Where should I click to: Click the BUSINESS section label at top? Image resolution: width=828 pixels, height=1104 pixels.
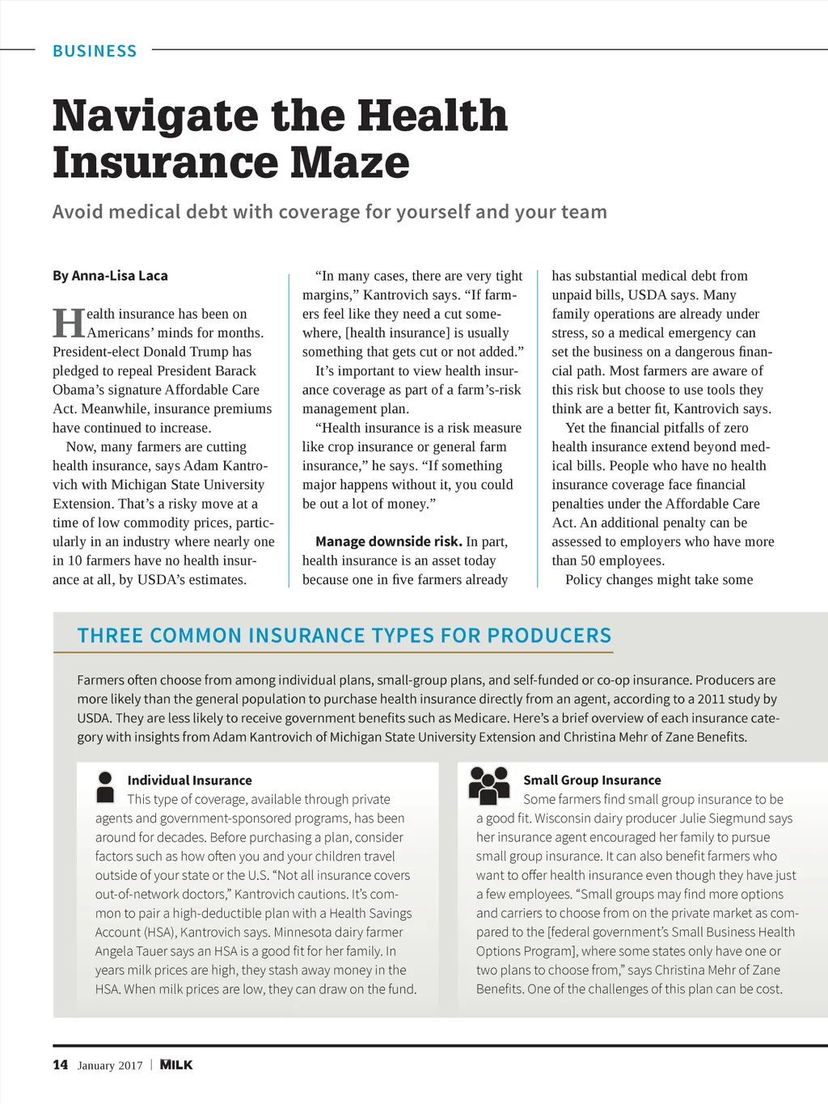(x=95, y=51)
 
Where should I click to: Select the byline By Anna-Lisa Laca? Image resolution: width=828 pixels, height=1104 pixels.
(x=110, y=276)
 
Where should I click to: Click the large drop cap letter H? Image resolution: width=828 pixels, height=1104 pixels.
(x=69, y=323)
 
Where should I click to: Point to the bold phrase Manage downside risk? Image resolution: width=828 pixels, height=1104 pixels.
(x=388, y=541)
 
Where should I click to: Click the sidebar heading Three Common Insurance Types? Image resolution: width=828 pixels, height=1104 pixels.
(x=344, y=636)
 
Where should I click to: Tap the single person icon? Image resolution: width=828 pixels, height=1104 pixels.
(x=105, y=786)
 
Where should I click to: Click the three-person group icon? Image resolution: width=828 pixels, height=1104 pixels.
(x=489, y=785)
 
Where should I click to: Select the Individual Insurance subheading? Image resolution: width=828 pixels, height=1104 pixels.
(x=189, y=780)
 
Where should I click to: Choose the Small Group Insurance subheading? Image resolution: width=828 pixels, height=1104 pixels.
(x=592, y=780)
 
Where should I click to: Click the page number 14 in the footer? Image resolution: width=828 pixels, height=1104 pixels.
(x=61, y=1065)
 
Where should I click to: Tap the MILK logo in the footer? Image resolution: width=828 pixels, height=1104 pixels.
(x=176, y=1065)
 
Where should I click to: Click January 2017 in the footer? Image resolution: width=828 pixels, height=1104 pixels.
(x=110, y=1066)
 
